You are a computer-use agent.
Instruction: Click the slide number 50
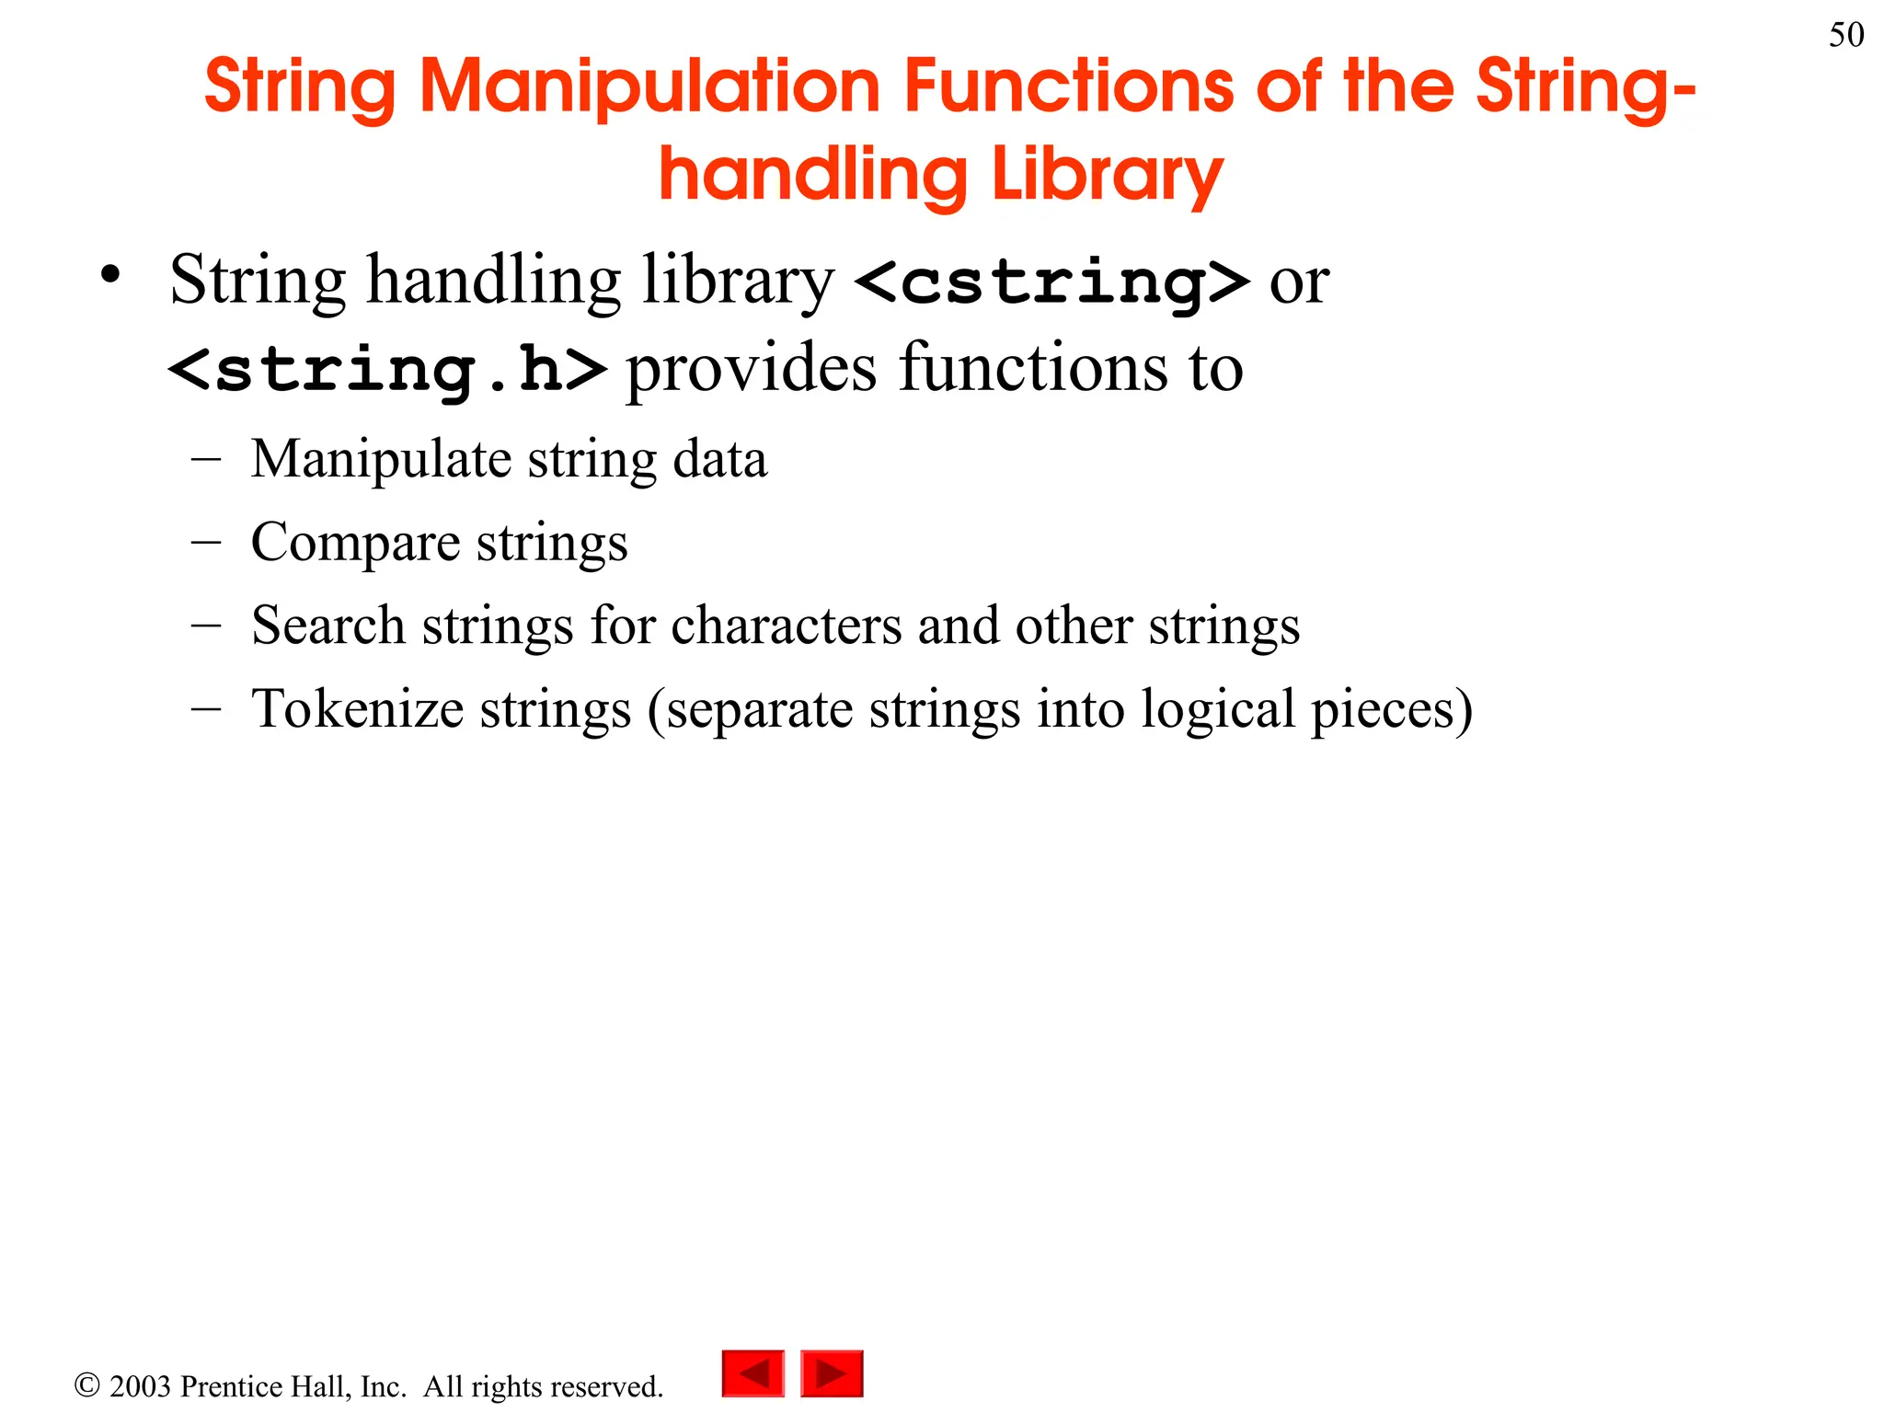pyautogui.click(x=1845, y=35)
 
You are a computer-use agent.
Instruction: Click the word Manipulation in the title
pyautogui.click(x=650, y=86)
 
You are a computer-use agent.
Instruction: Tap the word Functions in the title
pyautogui.click(x=1068, y=86)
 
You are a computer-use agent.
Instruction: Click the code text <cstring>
pyautogui.click(x=1052, y=281)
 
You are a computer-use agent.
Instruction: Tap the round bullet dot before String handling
pyautogui.click(x=111, y=275)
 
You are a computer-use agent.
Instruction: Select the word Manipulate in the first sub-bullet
pyautogui.click(x=381, y=459)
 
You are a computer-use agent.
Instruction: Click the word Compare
pyautogui.click(x=355, y=542)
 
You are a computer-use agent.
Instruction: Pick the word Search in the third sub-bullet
pyautogui.click(x=327, y=626)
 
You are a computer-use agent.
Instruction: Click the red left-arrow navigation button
pyautogui.click(x=752, y=1373)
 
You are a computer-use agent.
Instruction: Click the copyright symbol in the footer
pyautogui.click(x=86, y=1385)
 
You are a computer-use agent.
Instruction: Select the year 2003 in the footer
pyautogui.click(x=140, y=1386)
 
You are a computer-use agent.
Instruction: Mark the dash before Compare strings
pyautogui.click(x=206, y=542)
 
